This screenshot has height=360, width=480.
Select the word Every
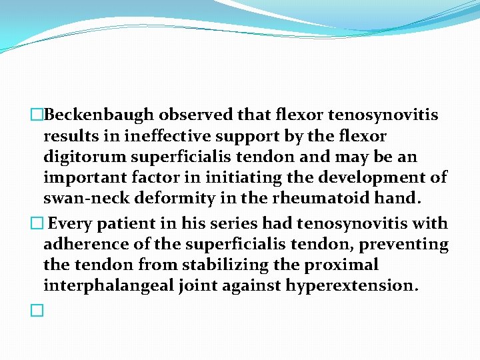(x=71, y=223)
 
